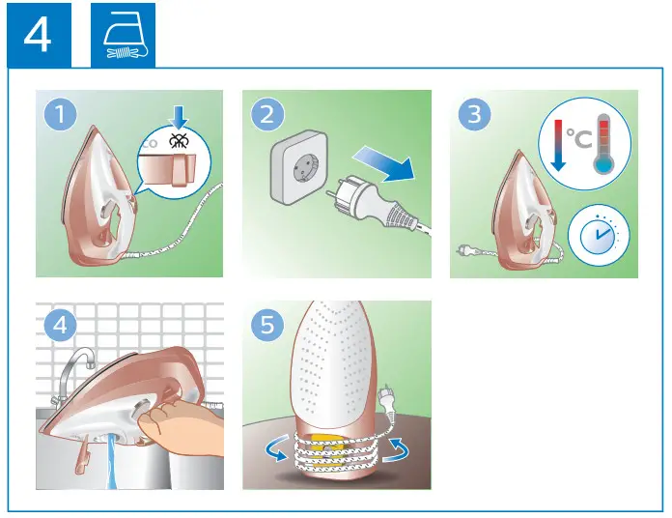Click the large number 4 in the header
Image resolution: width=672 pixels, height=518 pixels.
38,36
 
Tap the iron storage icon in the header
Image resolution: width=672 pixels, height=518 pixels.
123,36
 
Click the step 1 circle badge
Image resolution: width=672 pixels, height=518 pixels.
61,116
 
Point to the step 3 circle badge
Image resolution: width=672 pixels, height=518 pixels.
474,116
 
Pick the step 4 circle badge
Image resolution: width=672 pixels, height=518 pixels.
61,326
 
